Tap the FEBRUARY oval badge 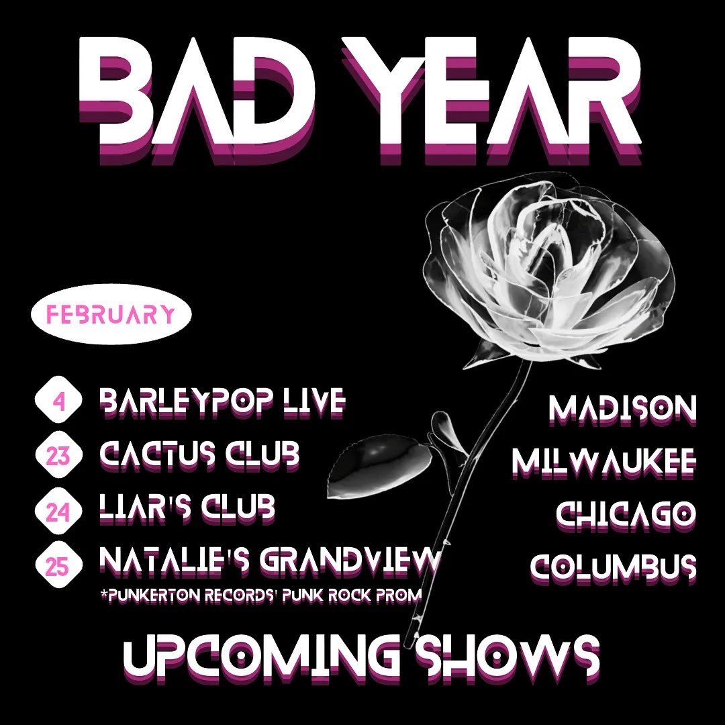pyautogui.click(x=111, y=314)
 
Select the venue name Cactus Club pyautogui.click(x=199, y=456)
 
